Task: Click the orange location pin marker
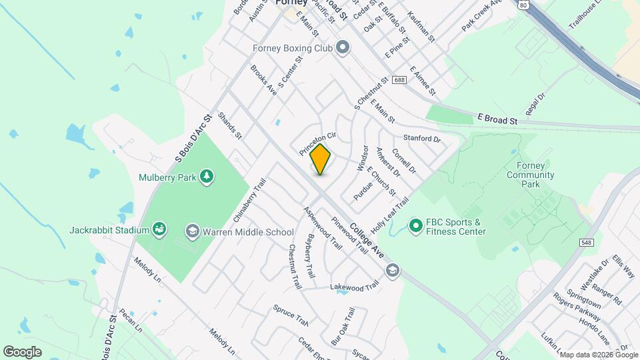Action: [321, 159]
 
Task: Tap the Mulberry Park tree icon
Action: [207, 177]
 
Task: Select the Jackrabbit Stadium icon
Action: [159, 230]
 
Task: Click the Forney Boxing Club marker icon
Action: [343, 47]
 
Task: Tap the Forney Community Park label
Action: [531, 175]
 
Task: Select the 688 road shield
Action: [399, 79]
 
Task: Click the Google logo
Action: [22, 351]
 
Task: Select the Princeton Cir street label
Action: [317, 143]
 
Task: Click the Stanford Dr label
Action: [422, 139]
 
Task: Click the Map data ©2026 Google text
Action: [599, 354]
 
